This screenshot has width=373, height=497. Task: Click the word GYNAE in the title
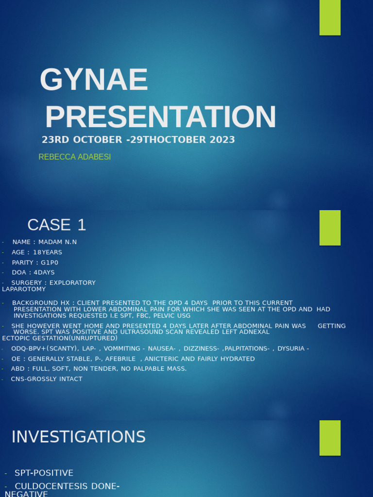(x=94, y=80)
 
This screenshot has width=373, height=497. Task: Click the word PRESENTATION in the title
(x=160, y=117)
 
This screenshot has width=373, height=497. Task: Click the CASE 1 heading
(x=56, y=225)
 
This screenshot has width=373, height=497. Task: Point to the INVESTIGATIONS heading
(x=78, y=437)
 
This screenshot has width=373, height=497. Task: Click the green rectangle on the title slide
(x=330, y=17)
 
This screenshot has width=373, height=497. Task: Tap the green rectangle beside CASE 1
(x=330, y=228)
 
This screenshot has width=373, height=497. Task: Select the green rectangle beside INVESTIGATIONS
(x=330, y=438)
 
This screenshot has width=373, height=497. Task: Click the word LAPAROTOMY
(x=24, y=289)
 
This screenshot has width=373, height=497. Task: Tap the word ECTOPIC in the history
(x=16, y=338)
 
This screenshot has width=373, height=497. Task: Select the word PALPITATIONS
(x=246, y=348)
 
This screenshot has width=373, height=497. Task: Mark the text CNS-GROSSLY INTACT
(x=47, y=379)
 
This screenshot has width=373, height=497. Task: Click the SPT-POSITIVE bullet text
(x=44, y=473)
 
